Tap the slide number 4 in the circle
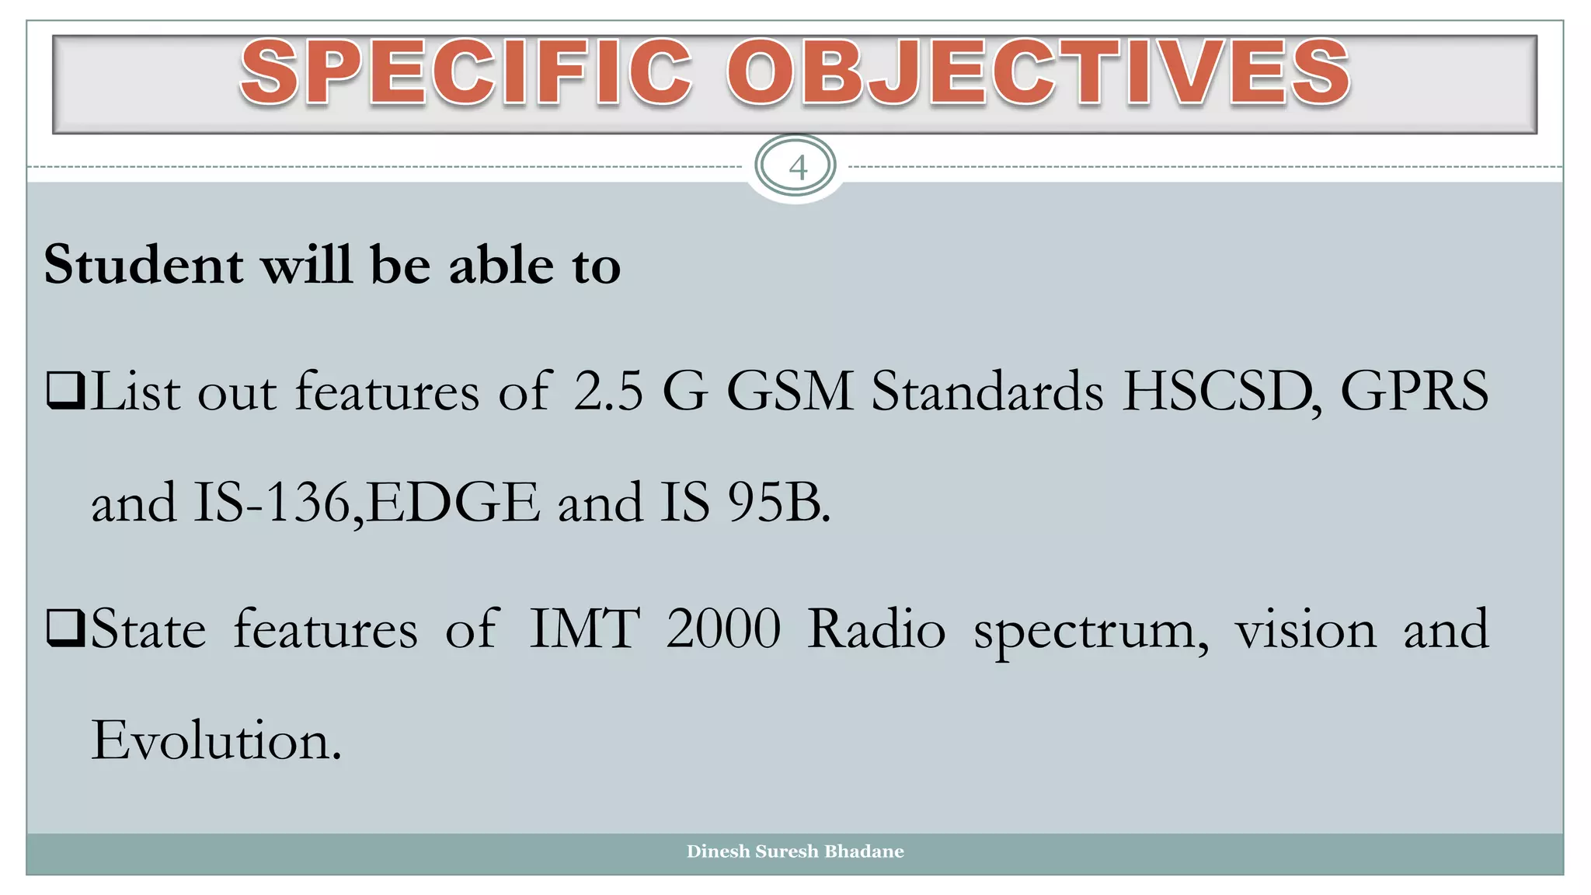pyautogui.click(x=797, y=167)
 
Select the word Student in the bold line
pyautogui.click(x=144, y=266)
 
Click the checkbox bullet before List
pyautogui.click(x=65, y=390)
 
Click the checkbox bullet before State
pyautogui.click(x=65, y=629)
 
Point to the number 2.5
pyautogui.click(x=608, y=391)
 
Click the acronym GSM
pyautogui.click(x=789, y=391)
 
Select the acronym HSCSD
pyautogui.click(x=1220, y=391)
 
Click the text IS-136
pyautogui.click(x=272, y=503)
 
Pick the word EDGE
pyautogui.click(x=453, y=503)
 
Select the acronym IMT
pyautogui.click(x=584, y=629)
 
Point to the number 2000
pyautogui.click(x=723, y=629)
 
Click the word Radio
pyautogui.click(x=876, y=629)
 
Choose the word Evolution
pyautogui.click(x=215, y=740)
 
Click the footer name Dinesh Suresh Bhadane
pyautogui.click(x=795, y=851)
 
